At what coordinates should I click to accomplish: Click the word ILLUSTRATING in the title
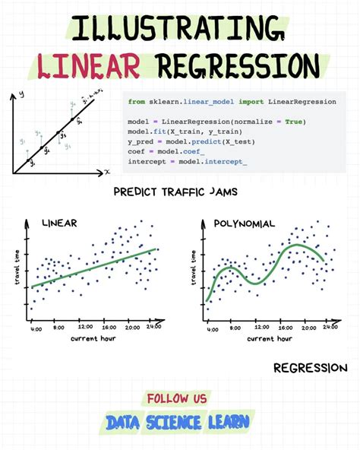pyautogui.click(x=180, y=30)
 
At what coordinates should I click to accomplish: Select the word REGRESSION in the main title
pyautogui.click(x=235, y=67)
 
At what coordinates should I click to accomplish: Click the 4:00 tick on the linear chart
pyautogui.click(x=36, y=328)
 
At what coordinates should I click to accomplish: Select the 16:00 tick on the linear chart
pyautogui.click(x=109, y=328)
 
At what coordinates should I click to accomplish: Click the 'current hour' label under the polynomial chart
pyautogui.click(x=267, y=339)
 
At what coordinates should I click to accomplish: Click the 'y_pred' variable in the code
pyautogui.click(x=141, y=141)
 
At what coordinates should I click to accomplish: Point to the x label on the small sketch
pyautogui.click(x=107, y=172)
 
